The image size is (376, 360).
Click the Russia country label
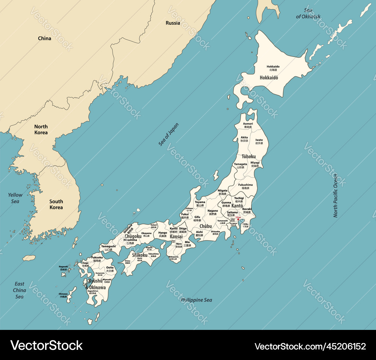(173, 23)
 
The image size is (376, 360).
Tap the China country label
(44, 38)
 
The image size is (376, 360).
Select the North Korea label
(41, 129)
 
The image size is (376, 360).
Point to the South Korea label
(56, 204)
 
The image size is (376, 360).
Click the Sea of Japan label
(168, 134)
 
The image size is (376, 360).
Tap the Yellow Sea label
(15, 198)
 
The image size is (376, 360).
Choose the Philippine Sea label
(196, 300)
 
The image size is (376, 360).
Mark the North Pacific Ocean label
(335, 195)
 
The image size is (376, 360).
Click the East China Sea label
(19, 290)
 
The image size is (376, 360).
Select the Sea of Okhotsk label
(308, 14)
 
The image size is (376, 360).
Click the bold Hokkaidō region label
(269, 78)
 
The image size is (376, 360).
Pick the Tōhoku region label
(249, 156)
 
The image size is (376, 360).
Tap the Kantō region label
(237, 206)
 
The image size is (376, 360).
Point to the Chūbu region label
(205, 226)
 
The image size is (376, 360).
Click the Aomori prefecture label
(248, 124)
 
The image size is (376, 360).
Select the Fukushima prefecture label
(246, 185)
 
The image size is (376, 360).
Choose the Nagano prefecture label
(213, 211)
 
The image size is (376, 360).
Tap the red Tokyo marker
(238, 220)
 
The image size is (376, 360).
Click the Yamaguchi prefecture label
(108, 246)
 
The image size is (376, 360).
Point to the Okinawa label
(63, 294)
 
